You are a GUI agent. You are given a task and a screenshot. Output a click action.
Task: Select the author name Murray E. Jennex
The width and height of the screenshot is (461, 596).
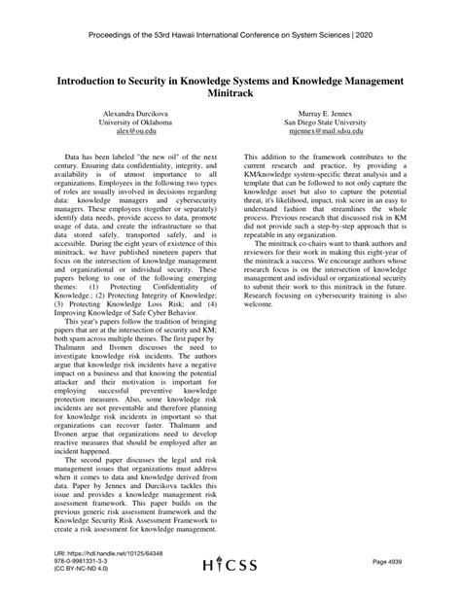point(325,114)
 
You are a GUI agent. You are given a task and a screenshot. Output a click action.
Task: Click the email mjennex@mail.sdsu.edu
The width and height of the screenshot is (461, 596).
point(325,132)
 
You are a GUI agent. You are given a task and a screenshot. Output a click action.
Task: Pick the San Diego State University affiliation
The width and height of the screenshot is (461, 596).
point(325,123)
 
